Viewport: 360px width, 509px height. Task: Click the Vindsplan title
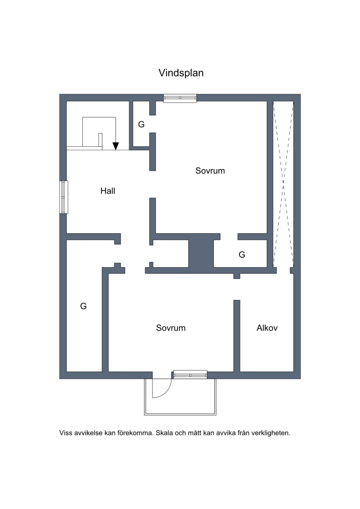tap(181, 73)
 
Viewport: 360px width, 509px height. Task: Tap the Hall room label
tap(108, 191)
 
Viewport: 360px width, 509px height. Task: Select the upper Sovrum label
tap(210, 171)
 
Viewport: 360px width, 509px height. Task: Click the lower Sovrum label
tap(171, 328)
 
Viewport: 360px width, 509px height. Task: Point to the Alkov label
tap(267, 328)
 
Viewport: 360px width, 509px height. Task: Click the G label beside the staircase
tap(141, 124)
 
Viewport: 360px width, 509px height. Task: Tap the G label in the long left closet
tap(83, 306)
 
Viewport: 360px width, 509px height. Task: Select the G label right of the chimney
tap(242, 255)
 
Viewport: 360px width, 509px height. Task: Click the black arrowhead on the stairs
tap(116, 146)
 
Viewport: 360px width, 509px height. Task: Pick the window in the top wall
tap(180, 98)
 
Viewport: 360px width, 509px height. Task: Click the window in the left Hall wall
tap(64, 197)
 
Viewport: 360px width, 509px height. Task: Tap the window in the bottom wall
tap(190, 374)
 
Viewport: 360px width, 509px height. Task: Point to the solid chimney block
tap(201, 253)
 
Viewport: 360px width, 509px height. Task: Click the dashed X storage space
tap(283, 184)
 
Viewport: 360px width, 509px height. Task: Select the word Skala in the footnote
tap(164, 433)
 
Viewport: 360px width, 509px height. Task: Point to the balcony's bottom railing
tap(180, 414)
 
